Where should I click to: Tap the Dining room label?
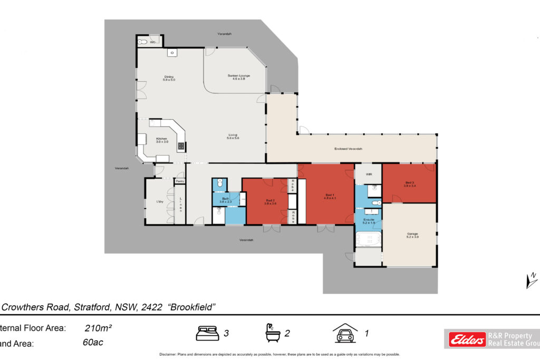pos(169,77)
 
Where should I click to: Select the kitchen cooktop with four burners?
pos(181,147)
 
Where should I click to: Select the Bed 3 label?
pos(410,184)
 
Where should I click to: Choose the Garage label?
pos(412,235)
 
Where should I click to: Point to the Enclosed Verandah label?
pos(348,149)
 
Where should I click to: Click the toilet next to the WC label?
pos(142,42)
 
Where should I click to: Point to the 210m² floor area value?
pos(98,328)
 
